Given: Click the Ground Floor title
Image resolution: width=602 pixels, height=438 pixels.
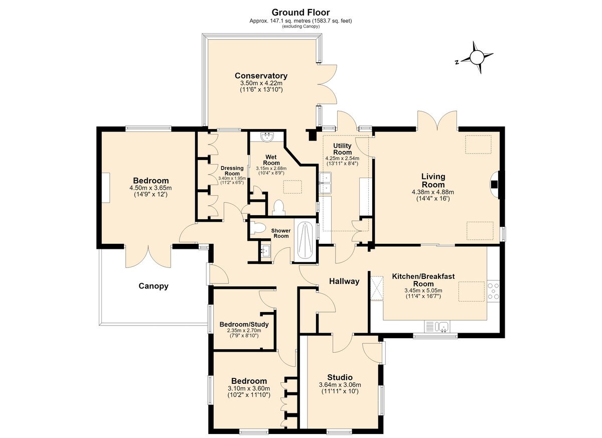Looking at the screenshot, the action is (x=300, y=13).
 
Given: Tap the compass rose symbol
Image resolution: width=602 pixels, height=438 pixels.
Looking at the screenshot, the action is (x=477, y=57).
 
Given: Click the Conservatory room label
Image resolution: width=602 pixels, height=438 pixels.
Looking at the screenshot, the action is (x=261, y=76).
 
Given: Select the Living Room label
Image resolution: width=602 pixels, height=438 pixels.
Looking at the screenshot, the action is (x=433, y=180).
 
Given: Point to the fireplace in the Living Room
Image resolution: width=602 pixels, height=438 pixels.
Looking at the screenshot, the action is (x=495, y=184).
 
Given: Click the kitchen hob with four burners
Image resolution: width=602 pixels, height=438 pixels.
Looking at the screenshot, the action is (x=494, y=291).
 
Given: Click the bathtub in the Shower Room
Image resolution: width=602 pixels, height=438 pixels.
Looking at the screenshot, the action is (x=306, y=240).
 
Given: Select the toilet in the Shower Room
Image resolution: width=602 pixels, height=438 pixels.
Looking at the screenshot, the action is (x=257, y=228).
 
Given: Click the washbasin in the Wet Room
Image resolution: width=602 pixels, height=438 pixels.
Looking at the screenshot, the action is (x=267, y=137).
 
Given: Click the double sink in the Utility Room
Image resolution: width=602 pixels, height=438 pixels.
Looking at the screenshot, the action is (x=326, y=183).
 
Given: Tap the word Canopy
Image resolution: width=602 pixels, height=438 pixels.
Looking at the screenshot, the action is (x=154, y=286).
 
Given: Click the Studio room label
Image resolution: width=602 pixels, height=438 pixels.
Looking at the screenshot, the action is (x=340, y=377).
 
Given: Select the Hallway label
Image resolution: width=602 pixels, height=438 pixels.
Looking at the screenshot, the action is (x=344, y=281).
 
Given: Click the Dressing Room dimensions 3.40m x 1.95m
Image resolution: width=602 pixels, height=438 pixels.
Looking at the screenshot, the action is (x=232, y=178).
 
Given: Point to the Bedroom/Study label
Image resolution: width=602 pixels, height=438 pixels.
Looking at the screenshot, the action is (x=244, y=324).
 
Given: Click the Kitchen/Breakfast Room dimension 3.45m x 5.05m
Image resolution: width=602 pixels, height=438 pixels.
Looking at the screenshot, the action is (x=423, y=290).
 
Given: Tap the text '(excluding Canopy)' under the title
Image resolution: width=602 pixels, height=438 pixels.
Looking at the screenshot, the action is (x=300, y=26).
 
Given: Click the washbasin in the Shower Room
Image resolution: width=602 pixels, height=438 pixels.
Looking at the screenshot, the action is (x=265, y=250).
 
